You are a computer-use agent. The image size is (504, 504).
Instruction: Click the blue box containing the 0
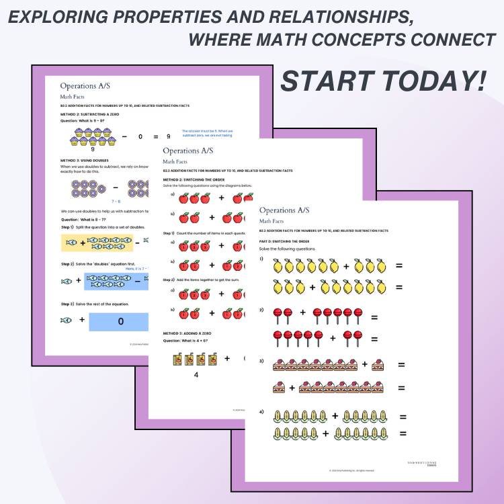click(x=120, y=321)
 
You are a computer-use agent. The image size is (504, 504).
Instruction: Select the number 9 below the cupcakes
click(x=93, y=149)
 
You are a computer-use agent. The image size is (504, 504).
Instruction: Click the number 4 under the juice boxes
click(x=196, y=375)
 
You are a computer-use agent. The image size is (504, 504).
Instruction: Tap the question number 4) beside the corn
click(x=263, y=411)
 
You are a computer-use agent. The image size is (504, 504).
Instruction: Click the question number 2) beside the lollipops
click(x=263, y=310)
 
